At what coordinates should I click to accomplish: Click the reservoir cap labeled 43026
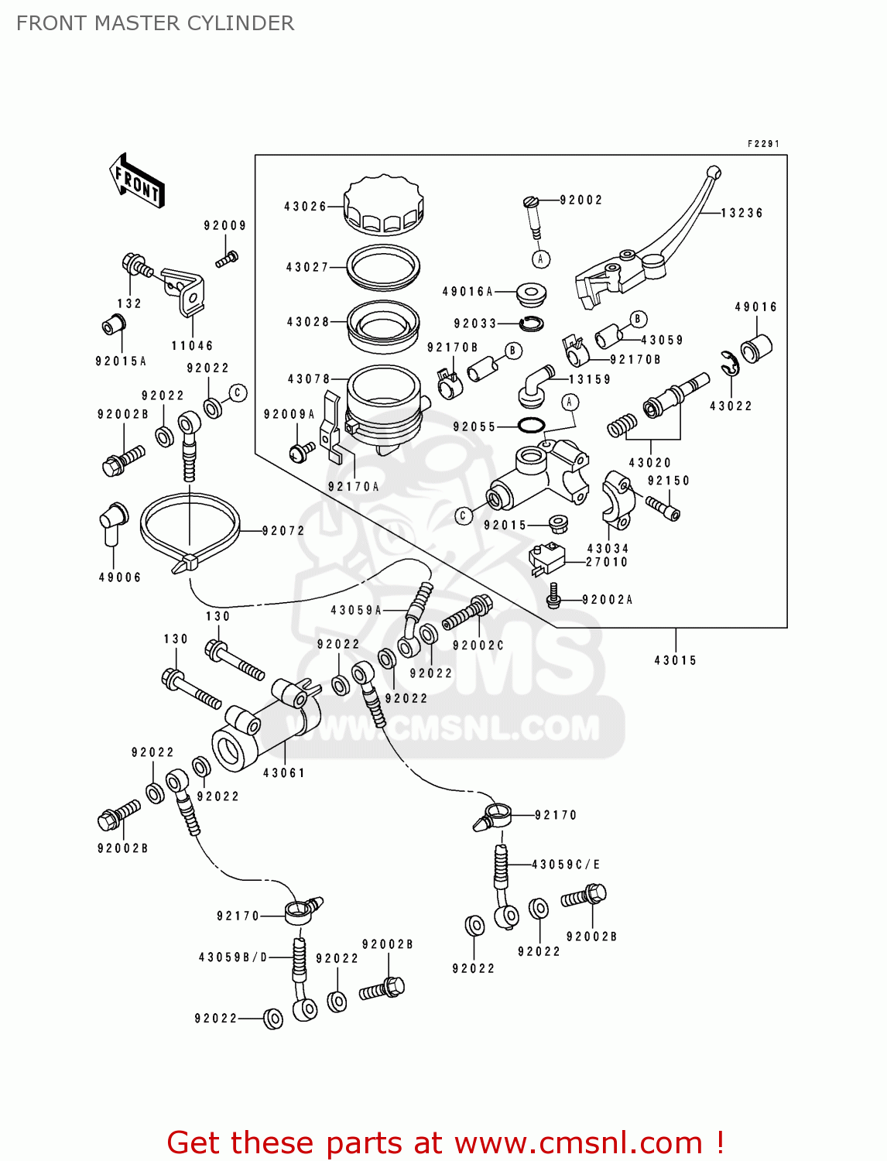point(383,205)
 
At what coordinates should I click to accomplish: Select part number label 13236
point(741,213)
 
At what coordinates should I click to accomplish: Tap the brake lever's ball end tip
point(714,172)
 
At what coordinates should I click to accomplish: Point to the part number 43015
point(675,660)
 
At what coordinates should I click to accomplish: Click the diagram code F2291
point(762,144)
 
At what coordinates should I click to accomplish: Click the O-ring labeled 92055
point(531,426)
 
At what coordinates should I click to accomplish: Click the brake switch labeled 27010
point(547,559)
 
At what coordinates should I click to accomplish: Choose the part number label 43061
point(284,772)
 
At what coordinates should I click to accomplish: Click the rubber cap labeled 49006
point(112,518)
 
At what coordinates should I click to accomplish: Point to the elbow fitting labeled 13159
point(534,385)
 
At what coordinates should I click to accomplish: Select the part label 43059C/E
point(565,865)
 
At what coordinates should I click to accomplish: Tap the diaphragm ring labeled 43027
point(383,265)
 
